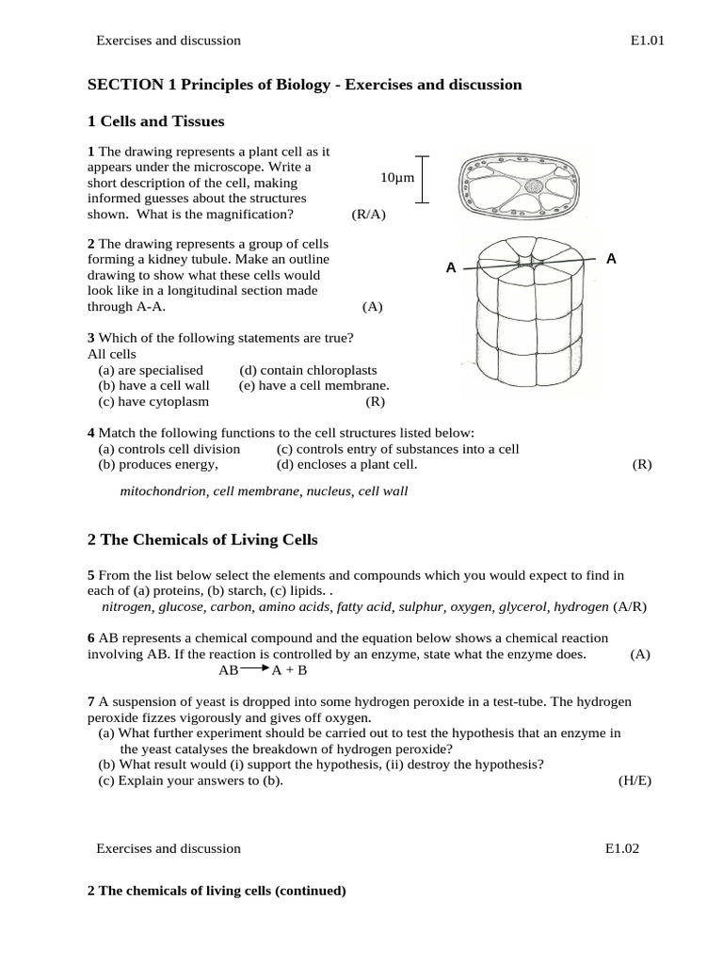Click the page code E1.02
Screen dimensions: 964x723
621,848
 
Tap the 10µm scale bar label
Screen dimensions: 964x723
396,178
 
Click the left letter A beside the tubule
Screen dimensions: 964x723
451,268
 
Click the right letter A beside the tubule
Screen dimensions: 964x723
611,259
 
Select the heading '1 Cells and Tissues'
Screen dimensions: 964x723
155,121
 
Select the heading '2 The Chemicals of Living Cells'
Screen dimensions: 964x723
202,539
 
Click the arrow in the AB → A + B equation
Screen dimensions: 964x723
255,669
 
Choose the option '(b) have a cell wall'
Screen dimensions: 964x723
153,385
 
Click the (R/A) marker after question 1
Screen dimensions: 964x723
368,214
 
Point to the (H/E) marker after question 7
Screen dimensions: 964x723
635,780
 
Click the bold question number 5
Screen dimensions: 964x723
90,575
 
